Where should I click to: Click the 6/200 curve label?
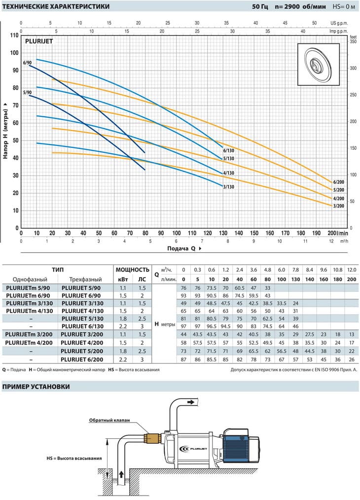[339, 182]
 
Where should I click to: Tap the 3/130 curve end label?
[229, 187]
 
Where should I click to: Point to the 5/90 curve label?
[28, 93]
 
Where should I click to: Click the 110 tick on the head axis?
[14, 36]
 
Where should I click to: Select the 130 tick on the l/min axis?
[223, 233]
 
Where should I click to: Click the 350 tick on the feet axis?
[353, 41]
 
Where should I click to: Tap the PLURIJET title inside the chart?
[39, 41]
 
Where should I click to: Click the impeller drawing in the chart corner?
[319, 65]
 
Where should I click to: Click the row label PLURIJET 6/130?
[82, 326]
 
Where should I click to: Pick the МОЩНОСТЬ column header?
[132, 270]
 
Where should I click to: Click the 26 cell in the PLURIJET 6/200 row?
[352, 359]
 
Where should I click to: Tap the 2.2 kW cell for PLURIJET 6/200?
[123, 359]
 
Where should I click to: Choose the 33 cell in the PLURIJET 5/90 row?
[267, 288]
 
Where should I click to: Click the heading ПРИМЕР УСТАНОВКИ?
[36, 387]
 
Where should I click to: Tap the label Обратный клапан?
[109, 420]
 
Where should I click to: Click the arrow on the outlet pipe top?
[191, 402]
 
